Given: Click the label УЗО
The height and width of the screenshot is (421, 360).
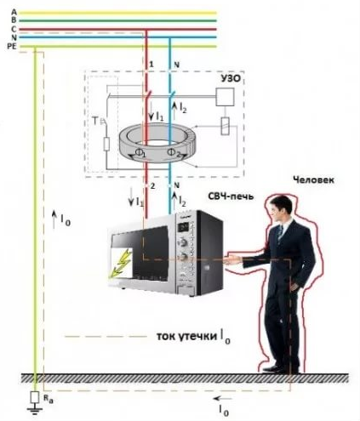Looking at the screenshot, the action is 231,78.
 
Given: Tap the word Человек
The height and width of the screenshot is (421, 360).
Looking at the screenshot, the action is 313,179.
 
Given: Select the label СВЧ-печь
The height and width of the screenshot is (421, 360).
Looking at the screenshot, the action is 231,196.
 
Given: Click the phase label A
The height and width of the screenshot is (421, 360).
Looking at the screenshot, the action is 14,12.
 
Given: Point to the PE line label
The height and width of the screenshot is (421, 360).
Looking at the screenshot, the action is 12,47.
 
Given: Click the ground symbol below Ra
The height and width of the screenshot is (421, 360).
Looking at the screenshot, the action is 35,410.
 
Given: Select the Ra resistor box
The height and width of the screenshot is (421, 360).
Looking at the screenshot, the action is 35,397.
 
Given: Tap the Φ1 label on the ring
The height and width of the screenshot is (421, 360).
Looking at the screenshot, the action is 140,152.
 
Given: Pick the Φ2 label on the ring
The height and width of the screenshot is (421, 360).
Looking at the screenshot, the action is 174,153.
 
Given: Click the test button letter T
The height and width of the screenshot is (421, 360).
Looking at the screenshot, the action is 96,122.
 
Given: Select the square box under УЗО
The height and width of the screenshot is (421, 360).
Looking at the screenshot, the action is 225,97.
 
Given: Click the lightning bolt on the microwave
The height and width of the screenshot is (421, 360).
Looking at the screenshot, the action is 122,263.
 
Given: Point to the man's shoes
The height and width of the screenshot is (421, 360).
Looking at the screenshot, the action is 281,369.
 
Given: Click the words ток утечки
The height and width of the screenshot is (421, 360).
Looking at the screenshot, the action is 187,336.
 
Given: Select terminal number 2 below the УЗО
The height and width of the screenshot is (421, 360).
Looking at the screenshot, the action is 152,186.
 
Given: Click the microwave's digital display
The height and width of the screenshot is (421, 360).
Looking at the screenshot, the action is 183,226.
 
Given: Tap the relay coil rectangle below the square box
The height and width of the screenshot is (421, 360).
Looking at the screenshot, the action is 225,126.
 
